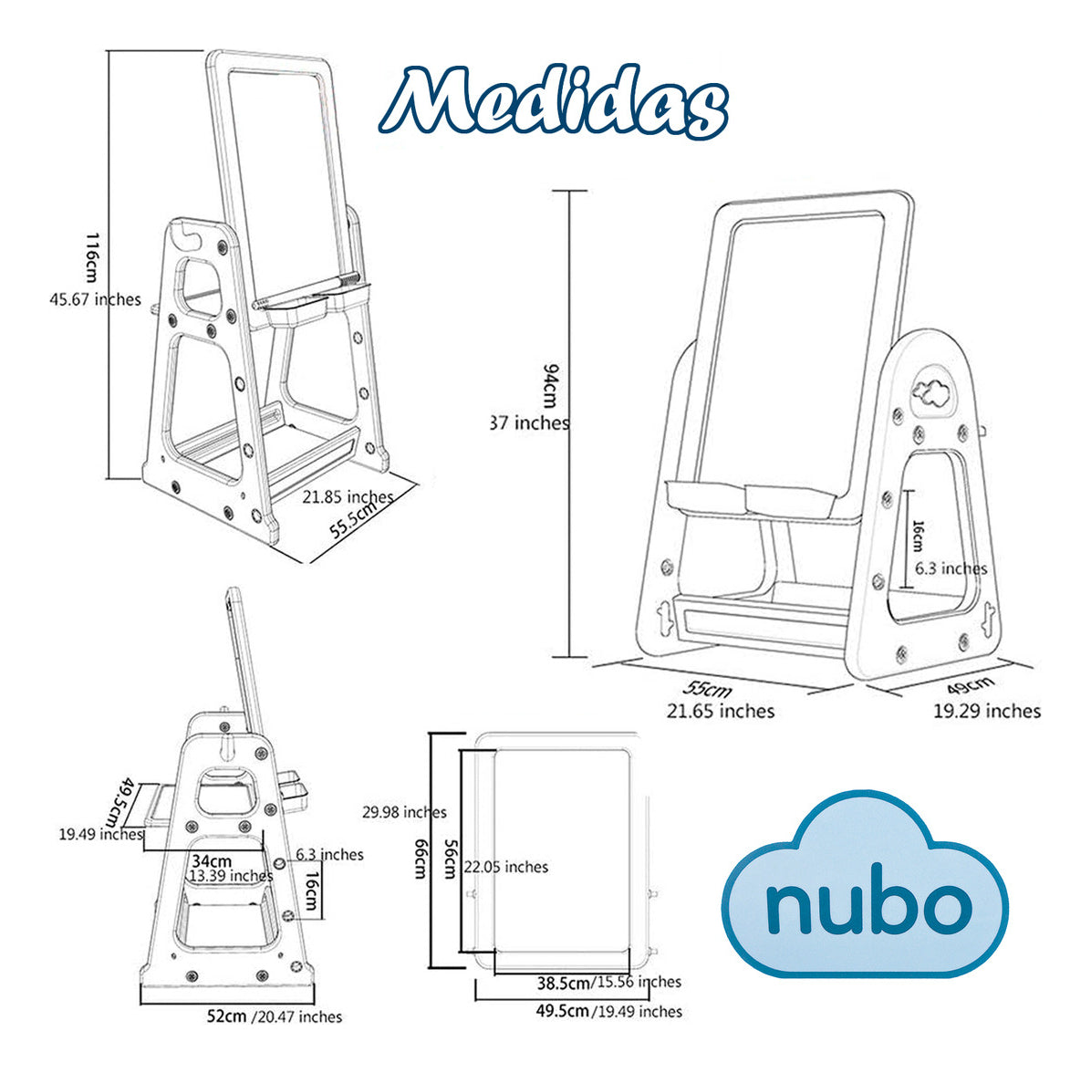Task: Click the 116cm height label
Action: coord(92,255)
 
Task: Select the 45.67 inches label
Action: coord(95,298)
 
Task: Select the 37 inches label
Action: coord(530,422)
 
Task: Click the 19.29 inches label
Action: coord(986,711)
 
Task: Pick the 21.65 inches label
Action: coord(720,711)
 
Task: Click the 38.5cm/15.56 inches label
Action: coord(608,982)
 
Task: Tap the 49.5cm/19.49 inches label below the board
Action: coord(608,1011)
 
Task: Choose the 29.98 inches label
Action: coord(404,812)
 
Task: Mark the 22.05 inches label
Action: coord(506,867)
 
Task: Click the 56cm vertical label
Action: coord(450,859)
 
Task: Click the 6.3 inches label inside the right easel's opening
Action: coord(951,568)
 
